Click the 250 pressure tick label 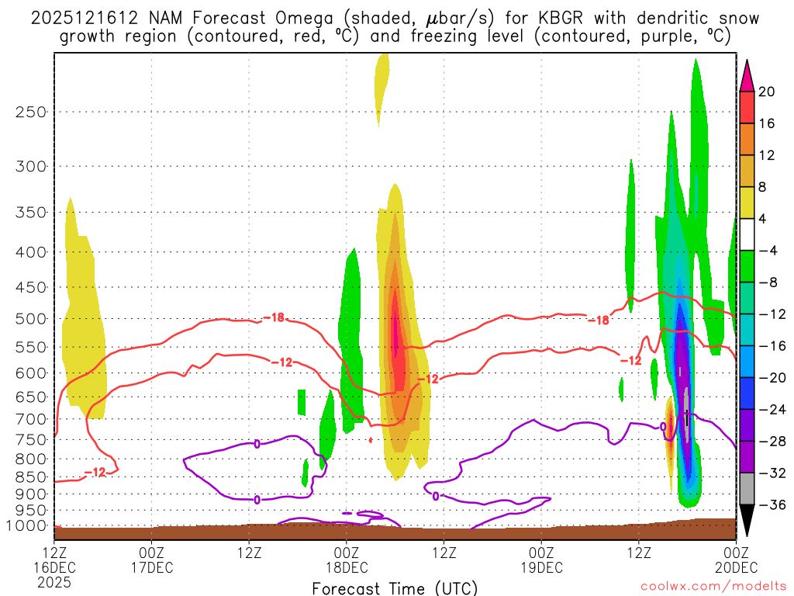pyautogui.click(x=30, y=112)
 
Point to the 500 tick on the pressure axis pyautogui.click(x=30, y=318)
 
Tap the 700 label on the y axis pyautogui.click(x=30, y=419)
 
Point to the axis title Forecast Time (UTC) pyautogui.click(x=395, y=587)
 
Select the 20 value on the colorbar pyautogui.click(x=767, y=92)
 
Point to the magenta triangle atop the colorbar pyautogui.click(x=747, y=75)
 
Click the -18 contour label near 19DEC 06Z pyautogui.click(x=598, y=320)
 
